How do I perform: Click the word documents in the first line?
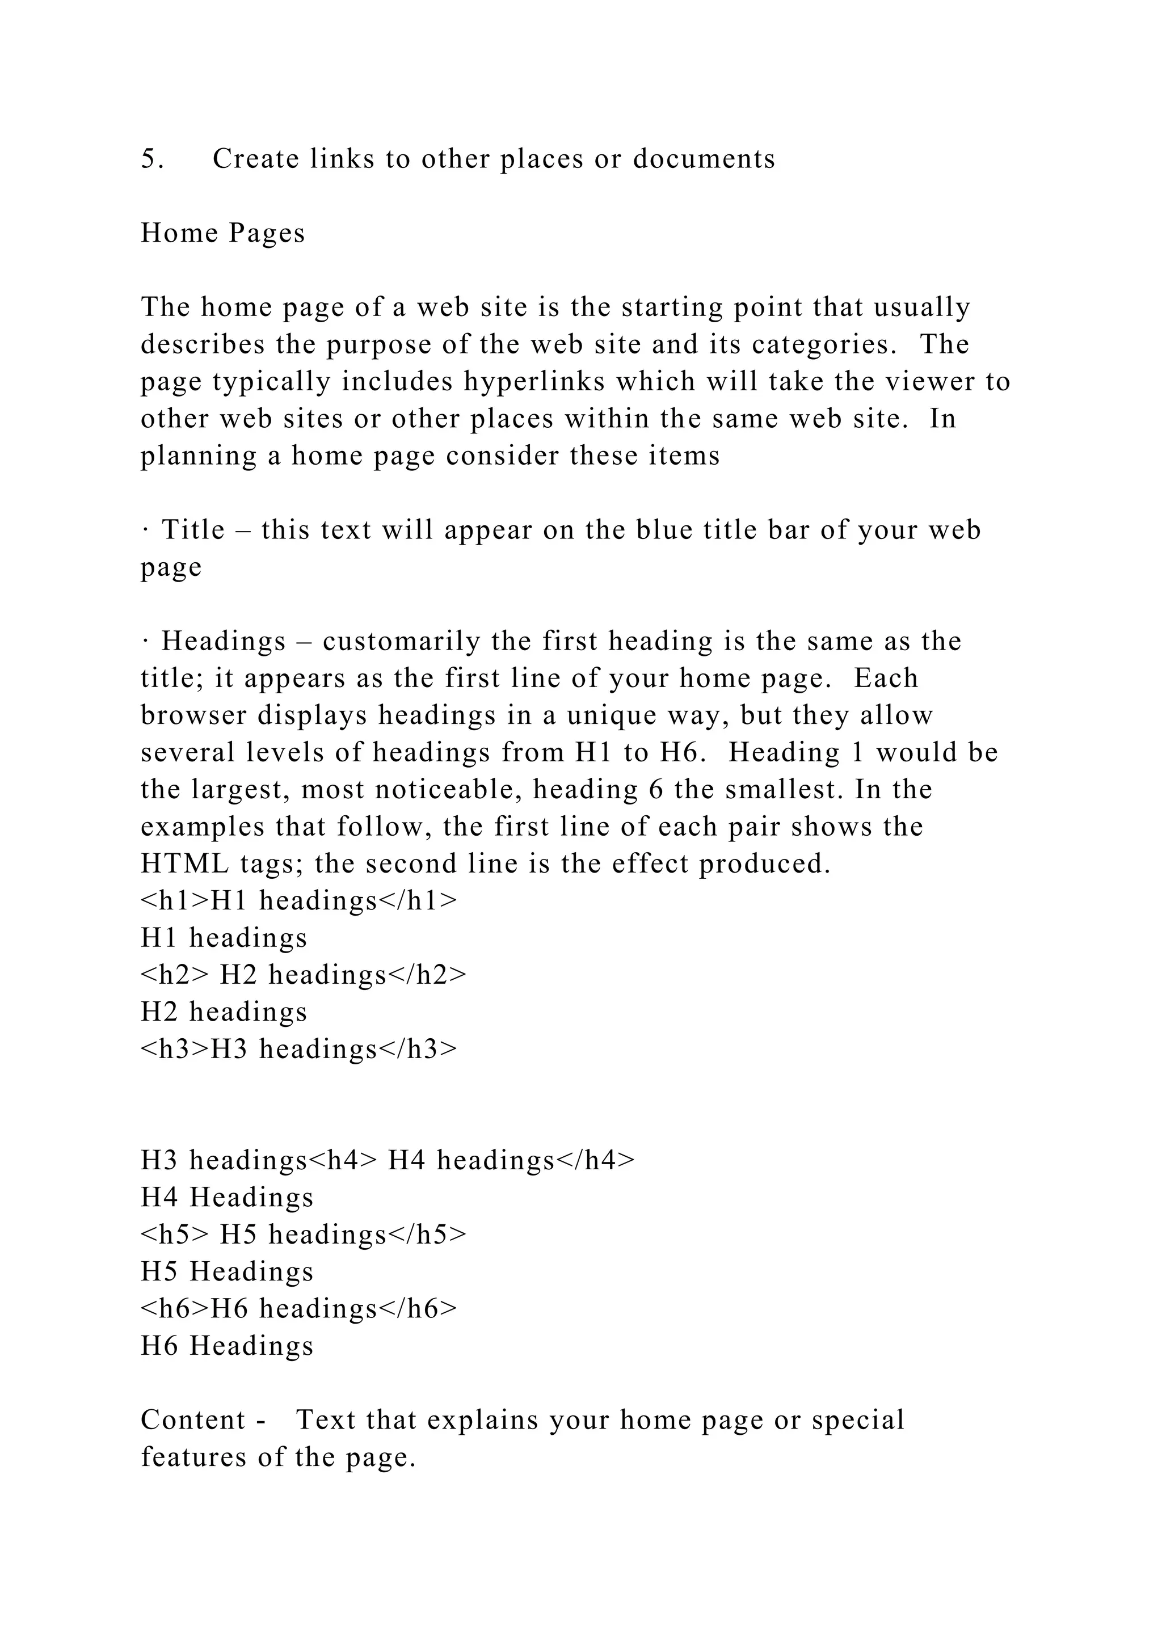click(704, 159)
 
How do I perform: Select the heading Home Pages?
click(222, 233)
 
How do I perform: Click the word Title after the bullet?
click(193, 530)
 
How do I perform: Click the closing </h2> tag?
click(427, 975)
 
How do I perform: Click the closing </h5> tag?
click(427, 1235)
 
